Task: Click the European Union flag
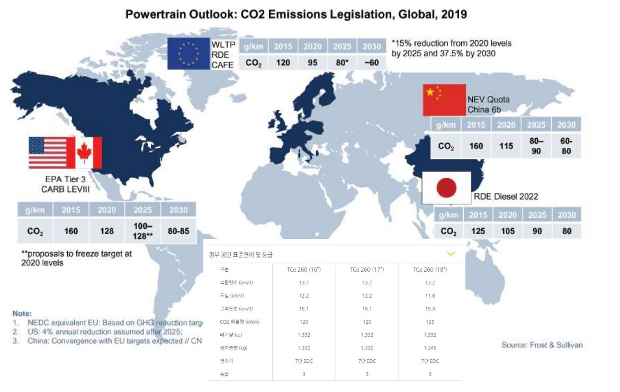(189, 54)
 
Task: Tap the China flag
(444, 100)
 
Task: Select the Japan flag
(446, 188)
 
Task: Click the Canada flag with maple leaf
(84, 153)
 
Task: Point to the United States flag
(48, 153)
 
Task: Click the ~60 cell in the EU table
(372, 63)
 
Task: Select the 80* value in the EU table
(342, 63)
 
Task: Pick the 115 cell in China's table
(506, 145)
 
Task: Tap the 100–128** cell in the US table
(142, 231)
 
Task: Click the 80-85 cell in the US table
(178, 231)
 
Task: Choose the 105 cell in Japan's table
(507, 231)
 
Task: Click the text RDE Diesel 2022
(506, 197)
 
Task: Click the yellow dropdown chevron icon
(451, 254)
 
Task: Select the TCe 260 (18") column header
(430, 270)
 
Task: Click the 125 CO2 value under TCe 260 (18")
(430, 322)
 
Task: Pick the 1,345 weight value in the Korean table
(430, 348)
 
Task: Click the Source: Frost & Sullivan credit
(542, 345)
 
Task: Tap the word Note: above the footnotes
(22, 314)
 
